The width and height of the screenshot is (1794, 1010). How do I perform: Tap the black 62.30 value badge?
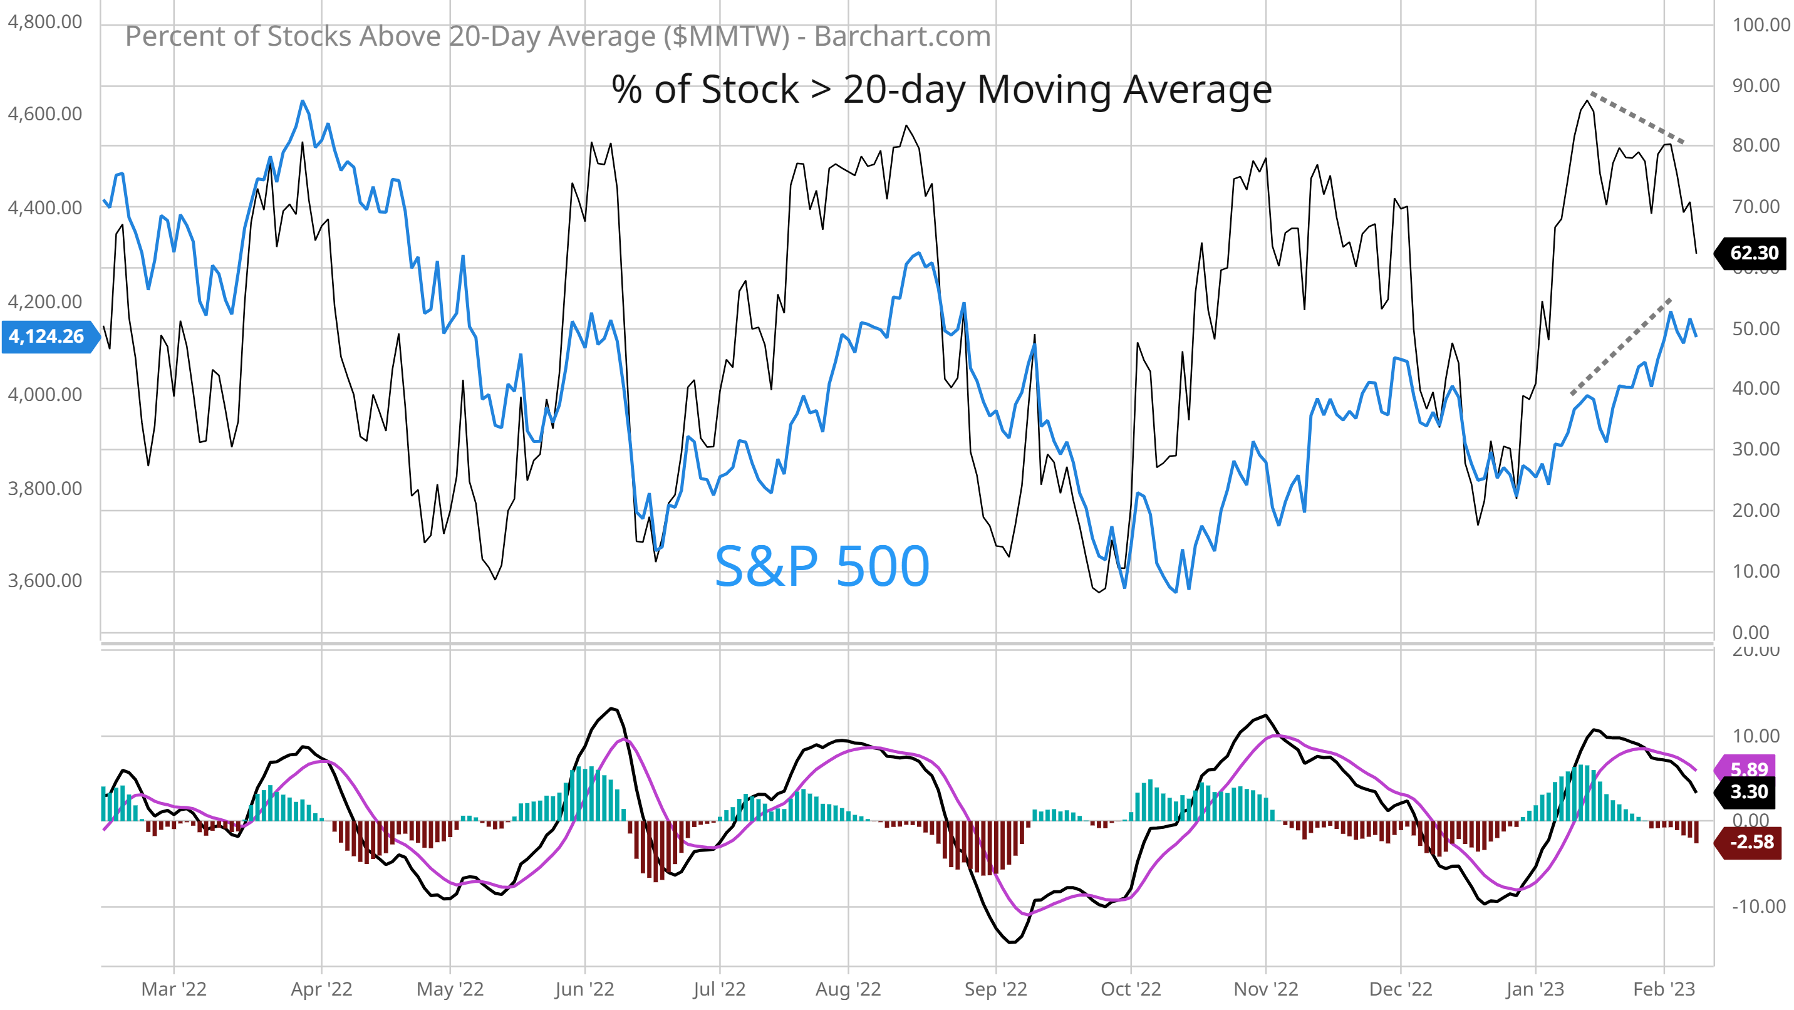(x=1752, y=253)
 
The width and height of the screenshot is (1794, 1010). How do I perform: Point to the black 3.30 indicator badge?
(x=1750, y=792)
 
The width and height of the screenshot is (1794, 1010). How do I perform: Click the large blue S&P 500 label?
(x=822, y=566)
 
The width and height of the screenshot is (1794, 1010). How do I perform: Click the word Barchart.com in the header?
(x=902, y=36)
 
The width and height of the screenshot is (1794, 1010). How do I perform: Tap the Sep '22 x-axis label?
(x=995, y=989)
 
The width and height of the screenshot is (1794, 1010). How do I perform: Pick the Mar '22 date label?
(x=174, y=989)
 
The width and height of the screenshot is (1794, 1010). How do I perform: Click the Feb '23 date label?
(x=1664, y=989)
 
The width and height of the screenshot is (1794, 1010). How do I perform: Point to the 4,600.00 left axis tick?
(x=44, y=113)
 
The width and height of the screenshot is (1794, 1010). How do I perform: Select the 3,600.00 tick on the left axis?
(x=44, y=580)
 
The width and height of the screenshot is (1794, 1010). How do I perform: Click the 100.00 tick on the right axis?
(x=1761, y=25)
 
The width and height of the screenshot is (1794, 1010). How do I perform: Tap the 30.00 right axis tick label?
(x=1756, y=449)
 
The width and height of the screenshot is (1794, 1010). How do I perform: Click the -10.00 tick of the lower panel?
(x=1758, y=906)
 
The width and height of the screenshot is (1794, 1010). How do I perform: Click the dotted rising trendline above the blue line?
(x=1620, y=346)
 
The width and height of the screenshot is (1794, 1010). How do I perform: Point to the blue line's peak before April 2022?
(x=303, y=102)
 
